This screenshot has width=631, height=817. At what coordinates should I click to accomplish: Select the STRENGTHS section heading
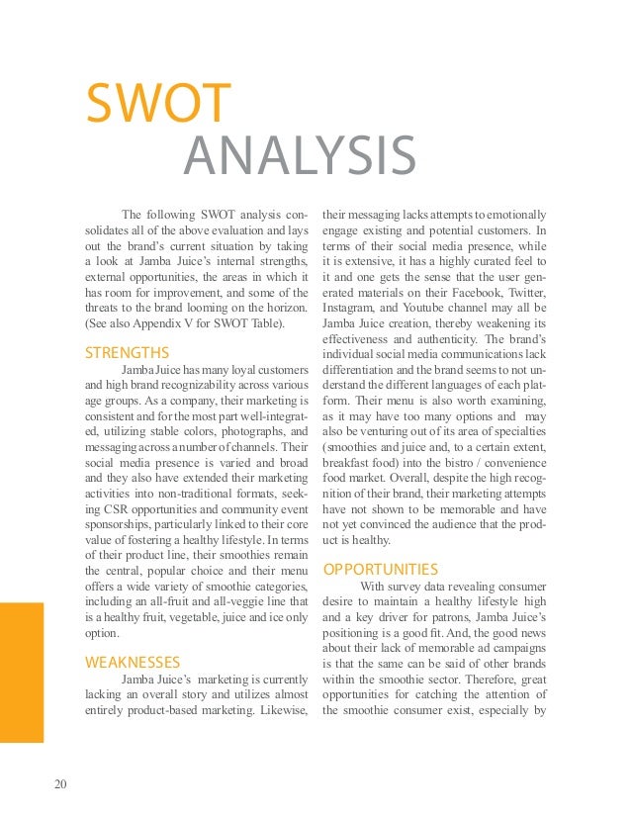(127, 352)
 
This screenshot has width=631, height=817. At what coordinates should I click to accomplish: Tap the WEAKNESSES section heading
(133, 662)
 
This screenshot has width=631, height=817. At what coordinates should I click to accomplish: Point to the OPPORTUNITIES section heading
(381, 570)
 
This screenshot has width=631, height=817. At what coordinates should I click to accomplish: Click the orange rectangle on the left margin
(22, 673)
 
